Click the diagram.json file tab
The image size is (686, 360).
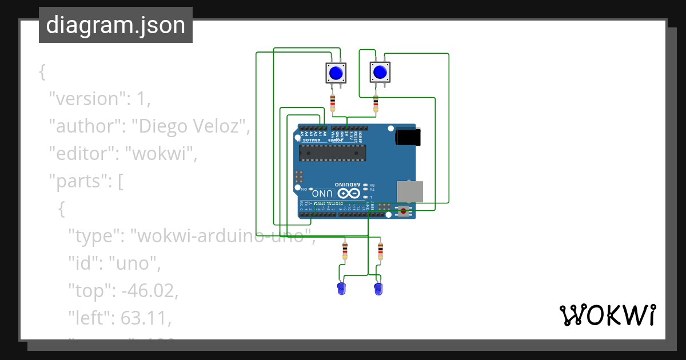coord(115,26)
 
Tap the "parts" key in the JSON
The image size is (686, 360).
coord(79,181)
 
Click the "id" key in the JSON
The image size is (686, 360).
coord(80,263)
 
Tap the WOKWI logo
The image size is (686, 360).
coord(607,315)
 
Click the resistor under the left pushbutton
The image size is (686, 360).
coord(333,103)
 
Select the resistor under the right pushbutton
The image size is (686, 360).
coord(376,103)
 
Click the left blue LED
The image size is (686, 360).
coord(341,289)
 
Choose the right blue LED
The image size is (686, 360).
coord(378,289)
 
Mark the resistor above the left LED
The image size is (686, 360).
coord(344,250)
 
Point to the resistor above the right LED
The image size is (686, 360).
coord(380,250)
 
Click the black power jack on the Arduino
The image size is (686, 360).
coord(407,137)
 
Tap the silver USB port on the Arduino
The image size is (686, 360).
coord(410,191)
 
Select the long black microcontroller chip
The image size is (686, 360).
coord(332,153)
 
